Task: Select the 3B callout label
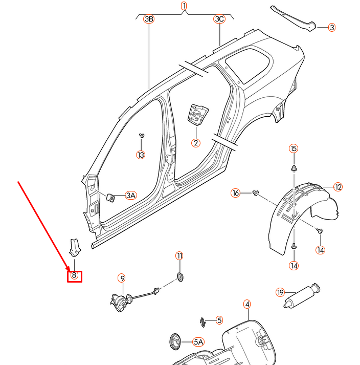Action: [149, 19]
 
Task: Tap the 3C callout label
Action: [219, 19]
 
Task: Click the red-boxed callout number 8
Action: [75, 275]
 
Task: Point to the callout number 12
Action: [338, 187]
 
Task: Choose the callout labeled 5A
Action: [198, 341]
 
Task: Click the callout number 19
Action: [280, 292]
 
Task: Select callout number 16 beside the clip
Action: [235, 193]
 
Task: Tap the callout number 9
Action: [122, 278]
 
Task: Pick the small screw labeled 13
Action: [141, 136]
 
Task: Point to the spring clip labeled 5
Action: [203, 321]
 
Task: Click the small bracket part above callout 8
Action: [75, 247]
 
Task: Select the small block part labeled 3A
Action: [110, 196]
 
